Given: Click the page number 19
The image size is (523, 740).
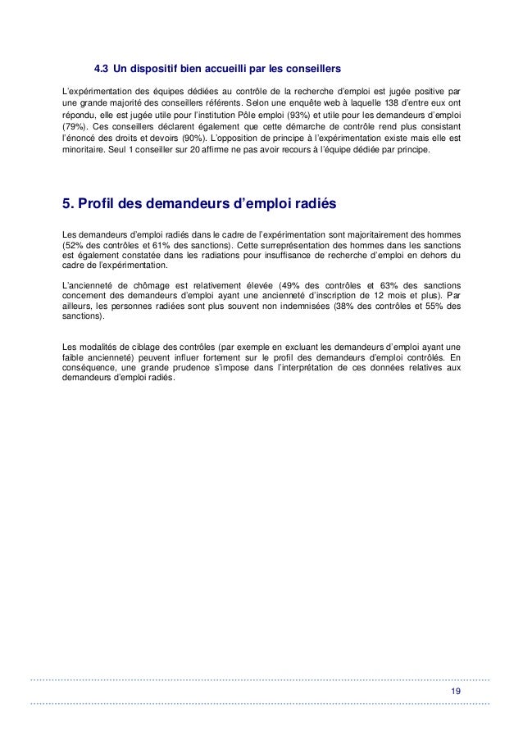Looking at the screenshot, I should click(455, 692).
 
